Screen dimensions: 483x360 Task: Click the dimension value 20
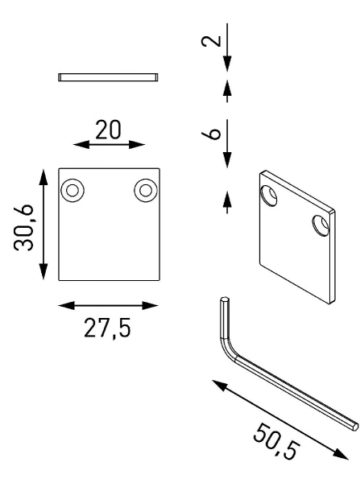click(x=109, y=131)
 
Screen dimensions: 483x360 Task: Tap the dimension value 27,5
click(x=106, y=328)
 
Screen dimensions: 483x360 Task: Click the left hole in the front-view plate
click(x=72, y=190)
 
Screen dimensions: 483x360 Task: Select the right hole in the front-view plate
click(x=146, y=190)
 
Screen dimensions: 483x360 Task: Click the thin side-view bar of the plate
click(x=109, y=77)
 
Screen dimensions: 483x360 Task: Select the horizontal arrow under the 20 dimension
click(x=109, y=145)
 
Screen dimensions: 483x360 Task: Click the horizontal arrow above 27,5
click(x=109, y=305)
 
